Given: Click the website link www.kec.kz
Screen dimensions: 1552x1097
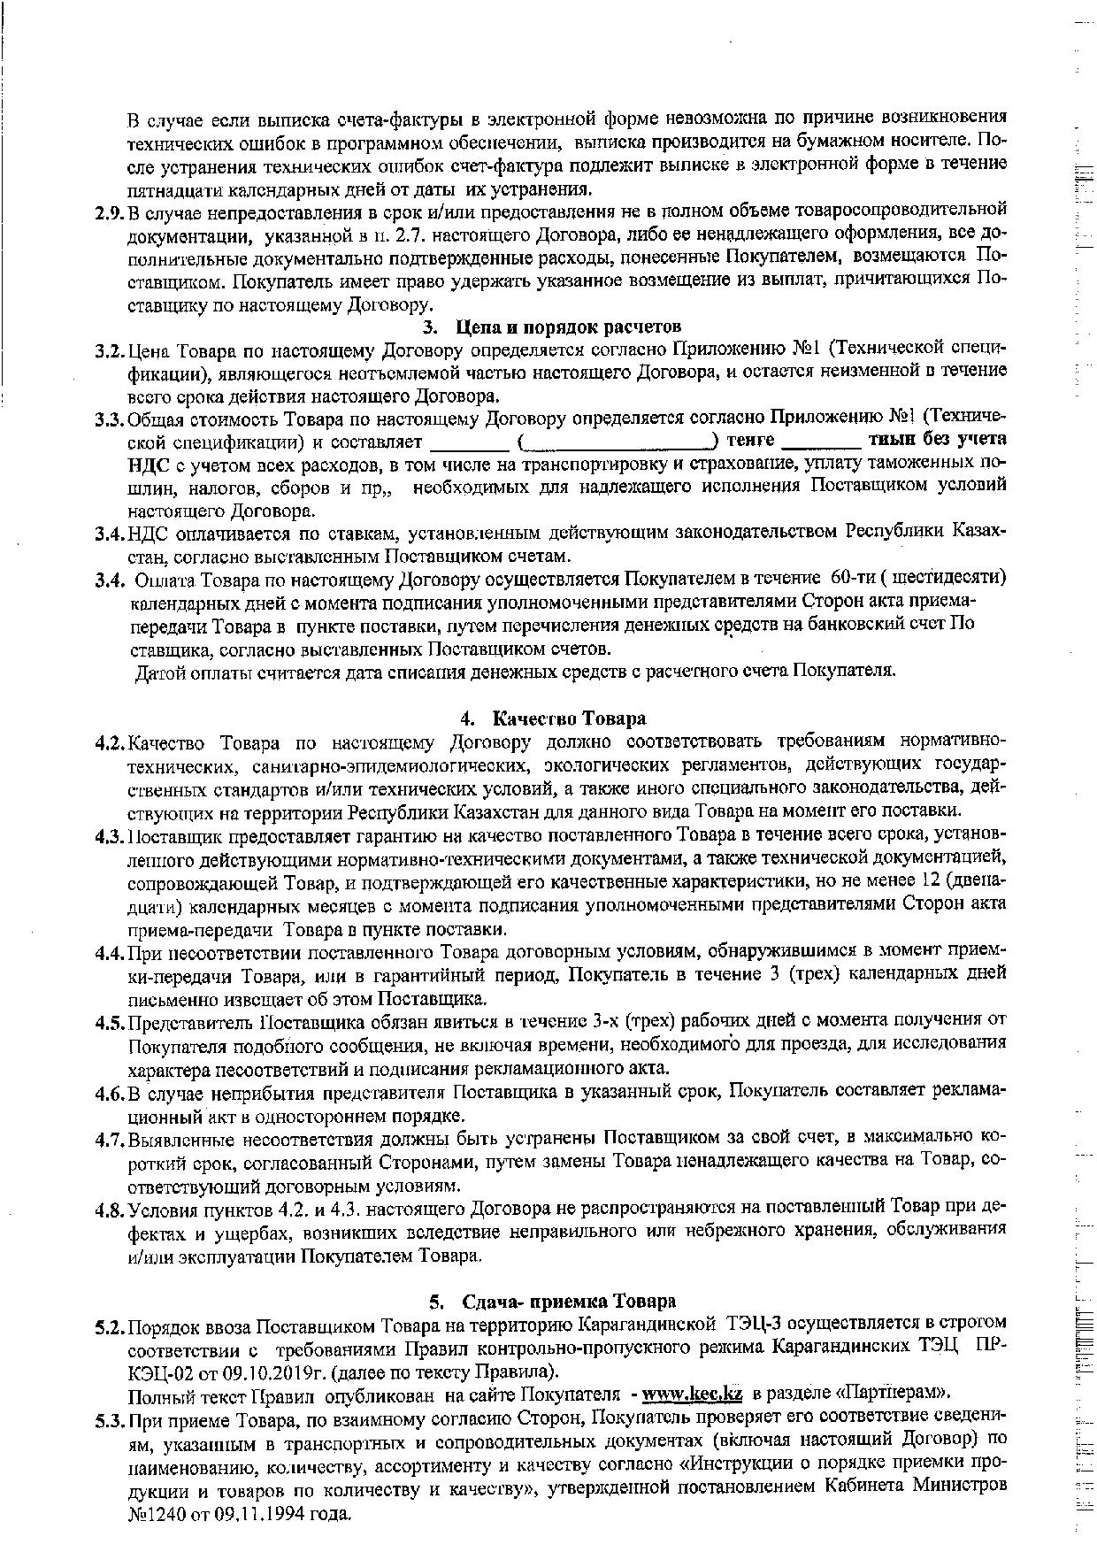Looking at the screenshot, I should coord(694,1394).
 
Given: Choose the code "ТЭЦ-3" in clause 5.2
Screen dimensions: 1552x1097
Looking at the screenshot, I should coord(755,1325).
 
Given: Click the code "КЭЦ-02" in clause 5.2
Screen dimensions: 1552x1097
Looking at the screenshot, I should coord(160,1371).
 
